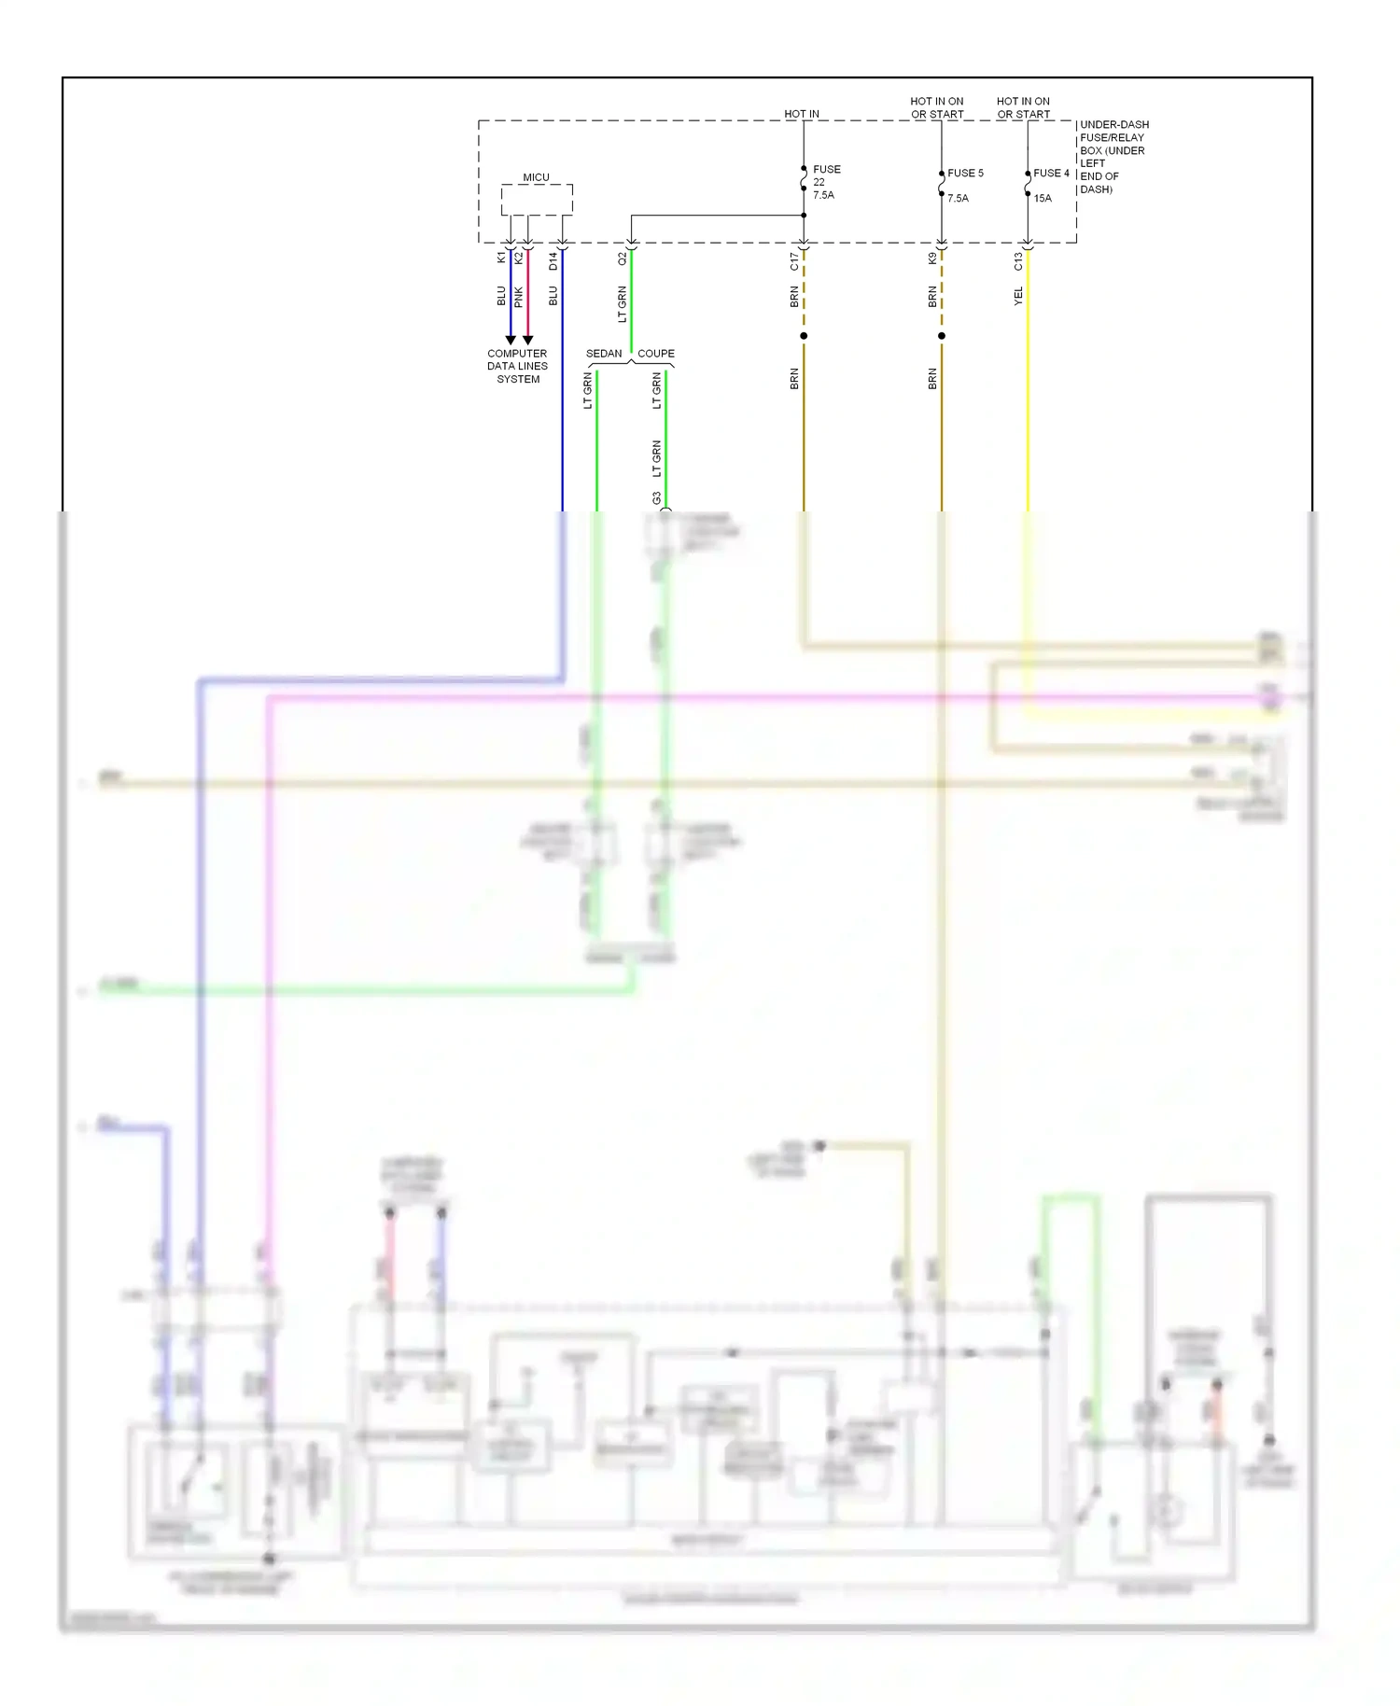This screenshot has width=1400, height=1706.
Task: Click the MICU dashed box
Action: (x=537, y=200)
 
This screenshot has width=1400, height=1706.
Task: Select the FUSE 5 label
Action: (x=965, y=174)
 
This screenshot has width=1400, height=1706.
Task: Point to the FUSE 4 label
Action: (x=1051, y=174)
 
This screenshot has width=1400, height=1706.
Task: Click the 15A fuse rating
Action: (x=1043, y=199)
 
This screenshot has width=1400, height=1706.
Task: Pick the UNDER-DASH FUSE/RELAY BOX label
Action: (x=1113, y=157)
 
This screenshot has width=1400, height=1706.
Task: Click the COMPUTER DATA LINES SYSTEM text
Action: (x=518, y=367)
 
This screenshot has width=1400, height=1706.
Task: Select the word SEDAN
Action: (x=604, y=354)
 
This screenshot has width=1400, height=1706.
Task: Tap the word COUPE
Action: (x=656, y=354)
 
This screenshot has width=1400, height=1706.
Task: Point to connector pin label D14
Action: (x=553, y=261)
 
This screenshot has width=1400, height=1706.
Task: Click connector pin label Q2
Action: (x=623, y=259)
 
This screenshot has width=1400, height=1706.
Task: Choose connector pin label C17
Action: (x=794, y=261)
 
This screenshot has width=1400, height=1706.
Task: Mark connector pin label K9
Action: (x=932, y=259)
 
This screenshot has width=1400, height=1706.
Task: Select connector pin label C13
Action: (x=1018, y=261)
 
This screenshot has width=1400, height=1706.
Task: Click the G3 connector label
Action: (x=656, y=498)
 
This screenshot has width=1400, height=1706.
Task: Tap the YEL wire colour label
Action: (x=1018, y=296)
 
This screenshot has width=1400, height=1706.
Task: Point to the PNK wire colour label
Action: (x=518, y=298)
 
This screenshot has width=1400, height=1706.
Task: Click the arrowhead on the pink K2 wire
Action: (x=527, y=340)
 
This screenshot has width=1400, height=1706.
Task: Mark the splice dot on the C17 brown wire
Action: (x=804, y=336)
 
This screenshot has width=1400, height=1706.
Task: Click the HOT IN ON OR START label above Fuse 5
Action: (x=937, y=108)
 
